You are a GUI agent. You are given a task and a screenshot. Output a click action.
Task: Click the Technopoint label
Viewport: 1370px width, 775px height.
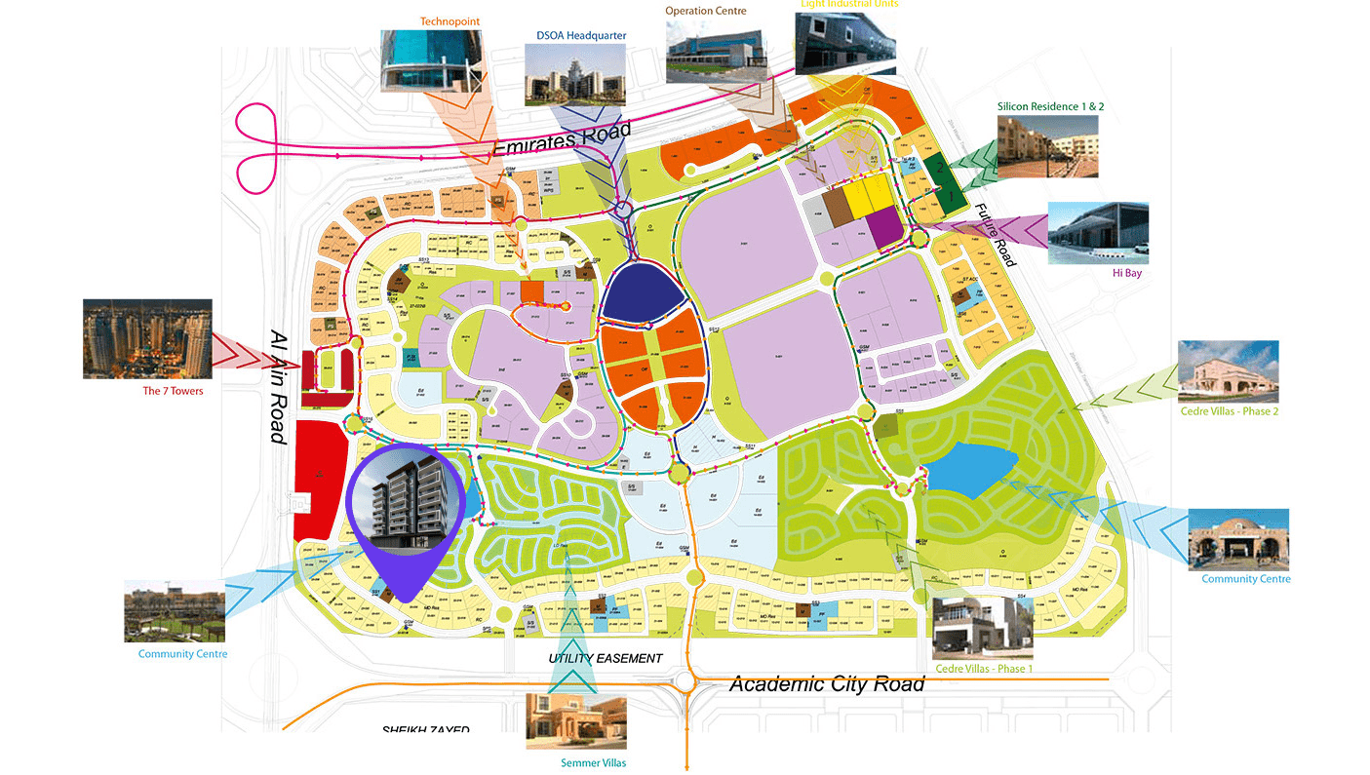click(x=450, y=20)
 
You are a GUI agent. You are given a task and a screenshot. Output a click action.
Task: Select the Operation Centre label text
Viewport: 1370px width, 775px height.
click(x=705, y=11)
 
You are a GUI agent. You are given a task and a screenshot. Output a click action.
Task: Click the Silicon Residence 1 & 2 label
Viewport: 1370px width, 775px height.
click(x=1050, y=106)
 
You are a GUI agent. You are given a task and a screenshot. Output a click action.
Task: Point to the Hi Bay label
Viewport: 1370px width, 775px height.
click(x=1126, y=274)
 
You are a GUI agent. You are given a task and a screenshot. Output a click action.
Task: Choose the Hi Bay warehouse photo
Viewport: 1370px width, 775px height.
click(x=1097, y=233)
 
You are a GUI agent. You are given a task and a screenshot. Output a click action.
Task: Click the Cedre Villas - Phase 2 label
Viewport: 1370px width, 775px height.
click(x=1229, y=411)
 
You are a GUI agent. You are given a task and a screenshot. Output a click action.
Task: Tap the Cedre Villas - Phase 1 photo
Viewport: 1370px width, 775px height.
click(x=982, y=628)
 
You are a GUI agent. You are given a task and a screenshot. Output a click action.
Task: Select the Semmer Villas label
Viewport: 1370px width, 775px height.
click(x=593, y=763)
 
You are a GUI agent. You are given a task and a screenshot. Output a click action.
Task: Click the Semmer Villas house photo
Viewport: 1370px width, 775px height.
click(x=575, y=721)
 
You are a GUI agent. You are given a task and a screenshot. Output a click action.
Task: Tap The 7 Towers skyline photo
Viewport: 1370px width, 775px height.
click(x=147, y=338)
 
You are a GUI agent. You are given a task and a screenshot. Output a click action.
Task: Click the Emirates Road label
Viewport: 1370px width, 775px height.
click(x=563, y=138)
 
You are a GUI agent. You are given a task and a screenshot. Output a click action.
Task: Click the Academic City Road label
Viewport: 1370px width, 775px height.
click(x=826, y=684)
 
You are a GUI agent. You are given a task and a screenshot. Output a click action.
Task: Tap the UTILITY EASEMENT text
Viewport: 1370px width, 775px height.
click(x=605, y=659)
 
